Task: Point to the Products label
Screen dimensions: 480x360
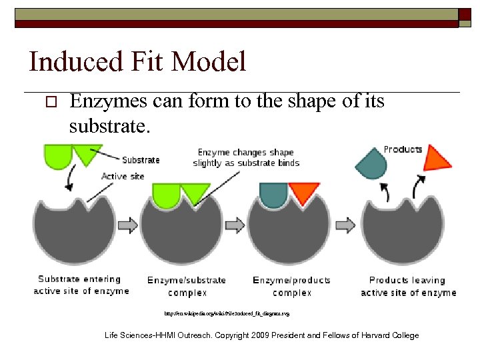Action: point(403,149)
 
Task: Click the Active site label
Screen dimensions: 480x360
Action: point(123,176)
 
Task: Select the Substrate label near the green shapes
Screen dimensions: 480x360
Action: point(141,160)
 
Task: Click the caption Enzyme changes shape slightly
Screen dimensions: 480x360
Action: point(246,157)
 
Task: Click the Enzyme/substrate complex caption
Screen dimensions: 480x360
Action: point(187,286)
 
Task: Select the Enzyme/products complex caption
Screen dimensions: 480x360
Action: point(292,286)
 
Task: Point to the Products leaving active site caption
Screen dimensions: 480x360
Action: point(408,286)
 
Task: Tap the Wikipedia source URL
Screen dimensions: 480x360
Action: point(227,312)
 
